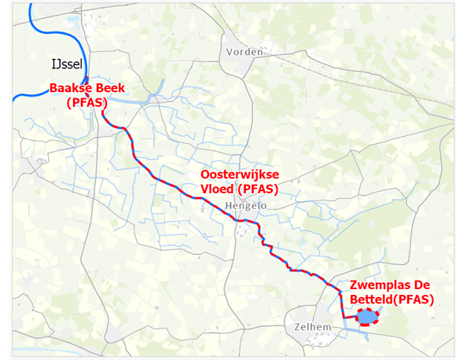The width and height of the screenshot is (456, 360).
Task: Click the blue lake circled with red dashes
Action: (366, 317)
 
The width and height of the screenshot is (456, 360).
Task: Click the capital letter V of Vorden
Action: (230, 52)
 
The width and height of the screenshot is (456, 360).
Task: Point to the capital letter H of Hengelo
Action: (227, 205)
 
